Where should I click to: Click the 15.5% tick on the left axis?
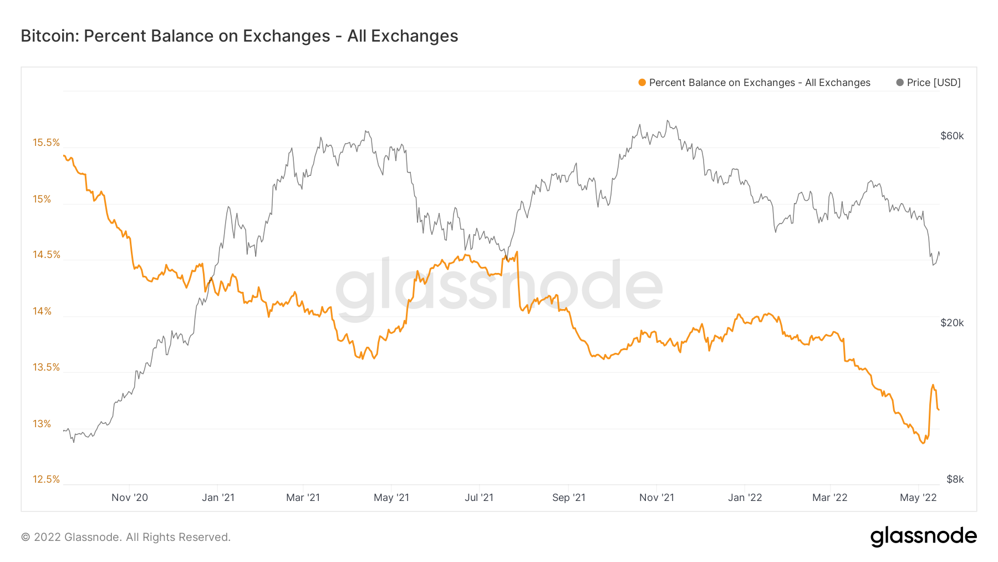(46, 143)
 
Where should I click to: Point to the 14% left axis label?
(42, 311)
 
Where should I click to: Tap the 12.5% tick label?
(46, 479)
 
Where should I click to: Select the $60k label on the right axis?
(952, 136)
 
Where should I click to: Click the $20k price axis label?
(952, 323)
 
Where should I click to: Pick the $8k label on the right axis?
(955, 479)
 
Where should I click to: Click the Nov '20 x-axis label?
(130, 498)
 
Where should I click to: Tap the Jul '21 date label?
(479, 498)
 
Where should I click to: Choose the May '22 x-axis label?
(918, 498)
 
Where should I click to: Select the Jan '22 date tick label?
(745, 498)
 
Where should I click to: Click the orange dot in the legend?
(642, 83)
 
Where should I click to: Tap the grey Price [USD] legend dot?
(900, 83)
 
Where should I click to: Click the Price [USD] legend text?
(934, 83)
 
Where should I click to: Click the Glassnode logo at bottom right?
(923, 536)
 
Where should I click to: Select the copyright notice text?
(126, 537)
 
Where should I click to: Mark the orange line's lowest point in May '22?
(923, 443)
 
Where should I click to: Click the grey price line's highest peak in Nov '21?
(668, 120)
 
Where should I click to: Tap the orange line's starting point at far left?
(64, 156)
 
